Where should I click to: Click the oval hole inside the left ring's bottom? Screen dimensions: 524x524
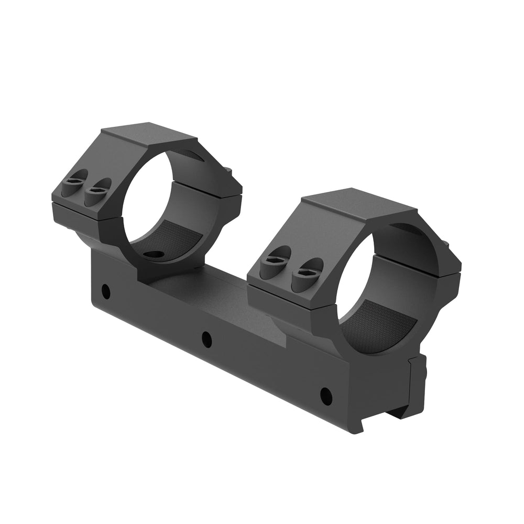tap(153, 255)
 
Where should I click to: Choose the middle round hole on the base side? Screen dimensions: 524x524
tap(207, 339)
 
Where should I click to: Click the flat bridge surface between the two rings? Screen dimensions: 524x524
tap(210, 293)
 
